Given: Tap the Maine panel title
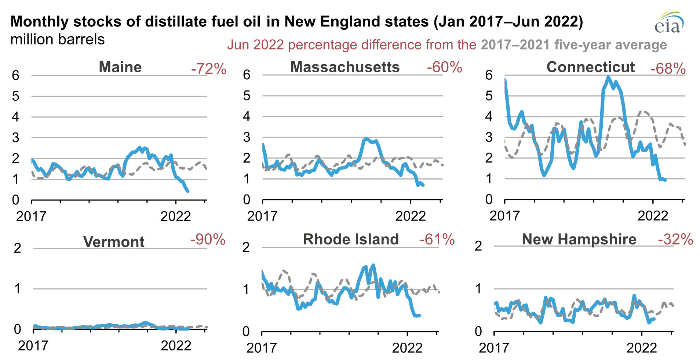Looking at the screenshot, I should (120, 67).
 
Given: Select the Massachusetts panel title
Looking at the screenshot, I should (345, 67).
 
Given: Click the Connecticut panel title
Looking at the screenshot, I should (590, 67).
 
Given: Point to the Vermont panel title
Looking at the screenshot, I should (114, 242).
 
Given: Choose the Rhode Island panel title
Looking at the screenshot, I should (351, 239).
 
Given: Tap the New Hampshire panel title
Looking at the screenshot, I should (579, 239).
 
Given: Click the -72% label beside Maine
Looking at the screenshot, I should (208, 69).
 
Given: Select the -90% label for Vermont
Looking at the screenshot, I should (208, 240).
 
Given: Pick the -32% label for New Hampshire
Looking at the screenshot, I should (675, 240).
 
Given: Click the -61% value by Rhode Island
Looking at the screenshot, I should (437, 240).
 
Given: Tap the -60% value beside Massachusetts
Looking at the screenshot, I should (444, 68).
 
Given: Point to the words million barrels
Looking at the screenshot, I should (58, 40).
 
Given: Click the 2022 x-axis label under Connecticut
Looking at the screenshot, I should (653, 216).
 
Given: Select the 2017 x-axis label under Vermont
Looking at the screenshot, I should (33, 345).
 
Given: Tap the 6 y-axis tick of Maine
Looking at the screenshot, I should (15, 76).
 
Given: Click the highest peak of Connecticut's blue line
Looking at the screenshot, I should (608, 77).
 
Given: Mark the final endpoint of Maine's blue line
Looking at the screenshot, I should (188, 191).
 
